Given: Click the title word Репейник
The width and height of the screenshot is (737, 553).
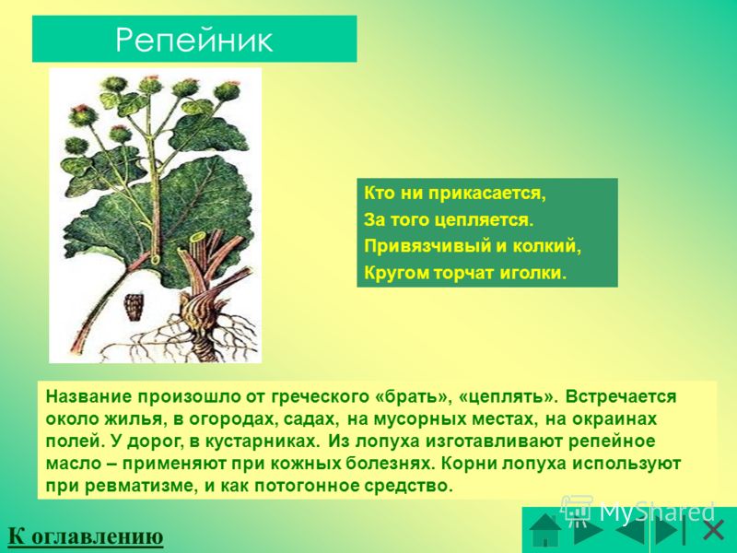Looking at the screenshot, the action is [193, 40].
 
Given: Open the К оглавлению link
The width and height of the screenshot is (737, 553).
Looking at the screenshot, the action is [86, 535].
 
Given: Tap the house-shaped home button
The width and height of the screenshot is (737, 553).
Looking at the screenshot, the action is [545, 529].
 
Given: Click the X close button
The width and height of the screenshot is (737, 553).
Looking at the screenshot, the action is [713, 531].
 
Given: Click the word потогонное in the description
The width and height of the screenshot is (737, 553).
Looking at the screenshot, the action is [307, 486].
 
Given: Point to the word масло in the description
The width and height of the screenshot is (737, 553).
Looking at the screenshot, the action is [74, 464].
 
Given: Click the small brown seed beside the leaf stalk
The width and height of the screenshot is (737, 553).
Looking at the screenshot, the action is [134, 307].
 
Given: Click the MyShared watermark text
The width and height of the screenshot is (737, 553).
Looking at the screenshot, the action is [657, 512].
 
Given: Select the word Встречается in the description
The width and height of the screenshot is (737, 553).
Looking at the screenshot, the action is [620, 396].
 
